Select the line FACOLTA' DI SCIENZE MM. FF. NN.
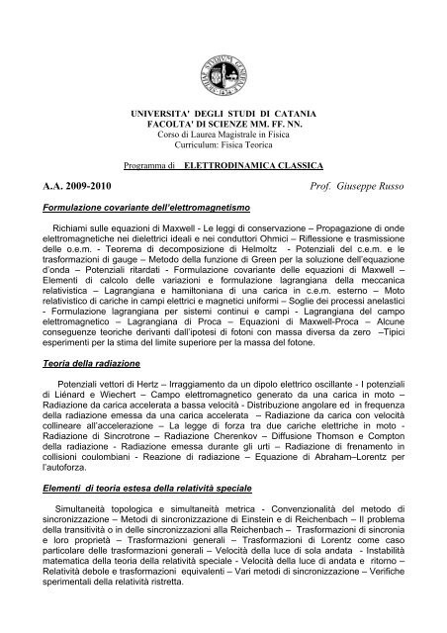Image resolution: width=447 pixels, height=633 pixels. click(x=223, y=129)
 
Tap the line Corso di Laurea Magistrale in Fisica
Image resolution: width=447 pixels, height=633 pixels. click(x=223, y=139)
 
